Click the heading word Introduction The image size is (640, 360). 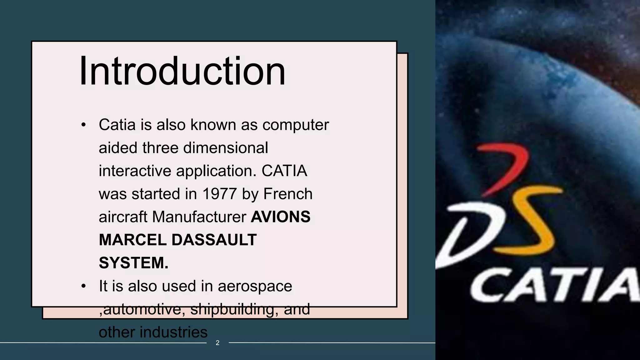[182, 71]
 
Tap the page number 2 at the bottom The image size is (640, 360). [217, 343]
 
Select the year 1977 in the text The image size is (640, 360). [219, 194]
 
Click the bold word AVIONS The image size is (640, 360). [280, 217]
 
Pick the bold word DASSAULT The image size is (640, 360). [214, 240]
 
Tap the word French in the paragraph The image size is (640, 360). [288, 194]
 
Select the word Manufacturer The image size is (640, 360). [199, 217]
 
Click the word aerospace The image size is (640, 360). [255, 286]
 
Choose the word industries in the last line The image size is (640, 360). [173, 332]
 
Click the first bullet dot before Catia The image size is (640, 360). [83, 125]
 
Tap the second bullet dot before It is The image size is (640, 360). [83, 287]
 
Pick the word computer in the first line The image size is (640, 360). [295, 125]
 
